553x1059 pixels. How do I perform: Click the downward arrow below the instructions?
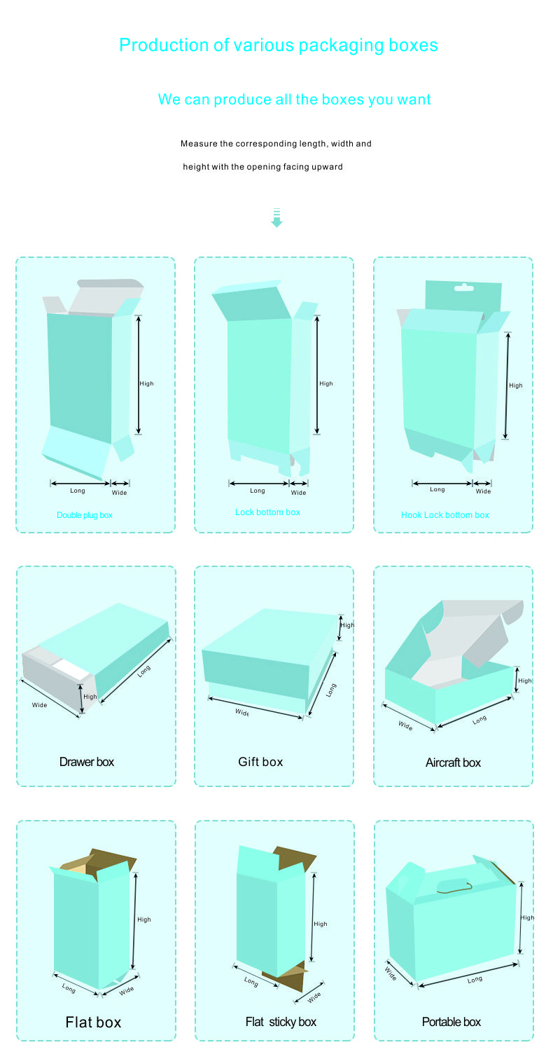pyautogui.click(x=276, y=217)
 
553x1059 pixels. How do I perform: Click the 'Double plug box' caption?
pyautogui.click(x=85, y=515)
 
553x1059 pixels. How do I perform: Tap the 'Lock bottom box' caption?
pyautogui.click(x=268, y=512)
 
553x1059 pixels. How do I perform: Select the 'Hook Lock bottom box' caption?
pyautogui.click(x=445, y=515)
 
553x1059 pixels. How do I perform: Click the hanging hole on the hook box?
pyautogui.click(x=463, y=287)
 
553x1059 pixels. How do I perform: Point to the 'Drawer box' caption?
pyautogui.click(x=86, y=762)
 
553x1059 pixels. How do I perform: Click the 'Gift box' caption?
pyautogui.click(x=260, y=762)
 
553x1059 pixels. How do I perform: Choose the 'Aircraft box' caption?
pyautogui.click(x=453, y=762)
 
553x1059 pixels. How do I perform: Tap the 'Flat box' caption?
pyautogui.click(x=93, y=1022)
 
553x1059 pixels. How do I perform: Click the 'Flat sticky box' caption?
pyautogui.click(x=281, y=1022)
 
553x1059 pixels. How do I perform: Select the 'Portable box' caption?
pyautogui.click(x=451, y=1022)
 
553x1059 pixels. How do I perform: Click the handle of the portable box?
pyautogui.click(x=455, y=888)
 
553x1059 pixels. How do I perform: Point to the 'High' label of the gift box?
pyautogui.click(x=347, y=625)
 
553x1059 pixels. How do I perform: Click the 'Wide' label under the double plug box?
pyautogui.click(x=120, y=493)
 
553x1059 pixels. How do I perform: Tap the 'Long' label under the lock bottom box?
pyautogui.click(x=258, y=491)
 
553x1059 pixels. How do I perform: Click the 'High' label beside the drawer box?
pyautogui.click(x=90, y=697)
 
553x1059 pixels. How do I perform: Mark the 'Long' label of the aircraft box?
pyautogui.click(x=479, y=720)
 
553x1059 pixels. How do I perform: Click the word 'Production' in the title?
pyautogui.click(x=163, y=45)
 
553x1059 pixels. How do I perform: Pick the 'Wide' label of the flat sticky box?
pyautogui.click(x=314, y=997)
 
